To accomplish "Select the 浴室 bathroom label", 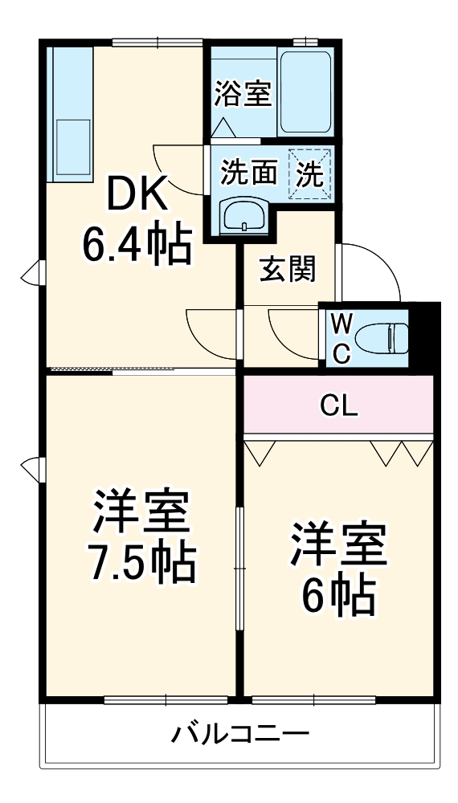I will point(242,94).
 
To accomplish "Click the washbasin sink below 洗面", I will point(244,215).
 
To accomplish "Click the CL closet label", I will point(339,406).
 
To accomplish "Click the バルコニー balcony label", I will point(240,733).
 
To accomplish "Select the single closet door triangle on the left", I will point(260,451).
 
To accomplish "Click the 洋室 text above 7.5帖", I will point(141,514).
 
